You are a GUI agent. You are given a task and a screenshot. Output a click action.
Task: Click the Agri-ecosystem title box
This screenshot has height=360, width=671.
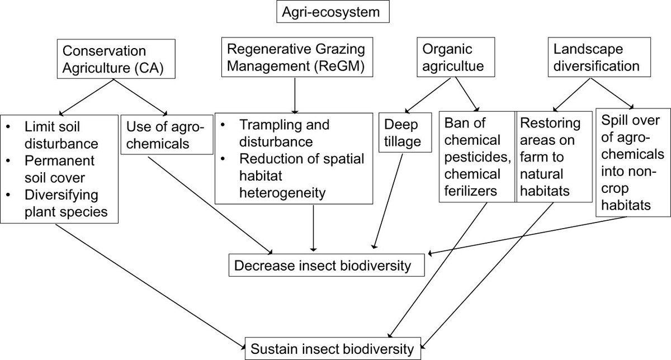pos(333,12)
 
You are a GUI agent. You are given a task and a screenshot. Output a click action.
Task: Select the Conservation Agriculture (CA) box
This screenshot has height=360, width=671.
pos(114,59)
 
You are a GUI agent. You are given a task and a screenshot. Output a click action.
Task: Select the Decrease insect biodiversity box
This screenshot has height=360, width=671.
pos(327,265)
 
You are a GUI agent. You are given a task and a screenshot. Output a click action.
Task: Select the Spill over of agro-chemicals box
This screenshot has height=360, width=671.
pos(632,162)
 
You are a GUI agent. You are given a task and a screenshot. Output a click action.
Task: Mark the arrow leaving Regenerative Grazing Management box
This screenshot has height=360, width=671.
pos(294,94)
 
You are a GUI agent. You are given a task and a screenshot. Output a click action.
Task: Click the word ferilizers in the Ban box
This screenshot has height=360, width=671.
pos(471,191)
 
